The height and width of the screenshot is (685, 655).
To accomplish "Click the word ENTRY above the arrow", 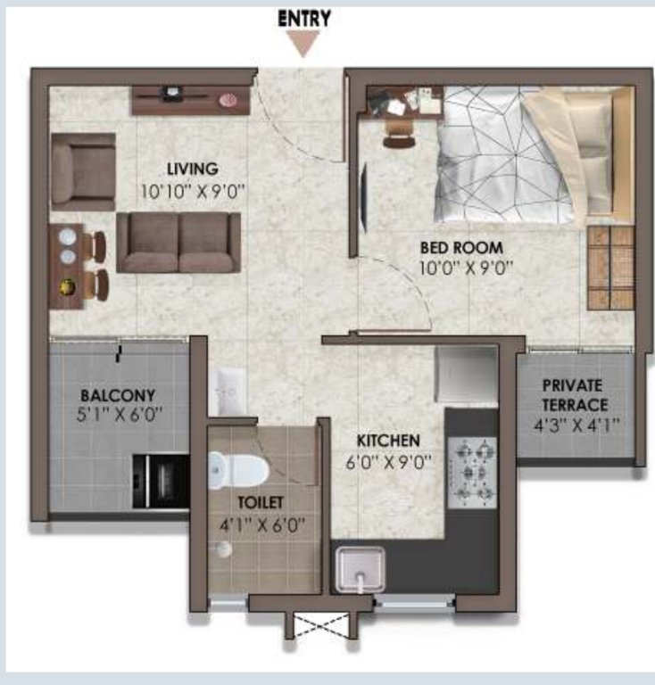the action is pos(304,19).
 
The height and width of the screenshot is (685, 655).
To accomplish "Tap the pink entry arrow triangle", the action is pos(303,44).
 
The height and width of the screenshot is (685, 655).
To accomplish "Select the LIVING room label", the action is pos(193,169).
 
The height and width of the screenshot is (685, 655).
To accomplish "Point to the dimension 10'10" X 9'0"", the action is pos(193,192).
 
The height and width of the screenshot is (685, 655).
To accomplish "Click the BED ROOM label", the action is pos(461,248).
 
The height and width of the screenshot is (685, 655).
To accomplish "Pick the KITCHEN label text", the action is pos(388,441).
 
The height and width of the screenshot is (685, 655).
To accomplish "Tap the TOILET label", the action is pos(261,502).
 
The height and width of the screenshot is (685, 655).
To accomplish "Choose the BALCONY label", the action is pos(118,395).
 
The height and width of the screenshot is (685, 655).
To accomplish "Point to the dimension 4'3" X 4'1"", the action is pos(576,425).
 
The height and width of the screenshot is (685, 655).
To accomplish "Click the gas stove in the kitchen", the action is pos(473,473).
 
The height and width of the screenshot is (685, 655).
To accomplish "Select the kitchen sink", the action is pos(360,570).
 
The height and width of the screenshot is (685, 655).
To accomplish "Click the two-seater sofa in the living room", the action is pos(178,243).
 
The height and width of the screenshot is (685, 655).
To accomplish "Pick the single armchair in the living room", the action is pos(83,171).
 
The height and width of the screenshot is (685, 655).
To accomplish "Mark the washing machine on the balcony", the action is pos(162,481).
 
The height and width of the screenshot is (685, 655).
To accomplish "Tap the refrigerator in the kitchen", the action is pos(467,375).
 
